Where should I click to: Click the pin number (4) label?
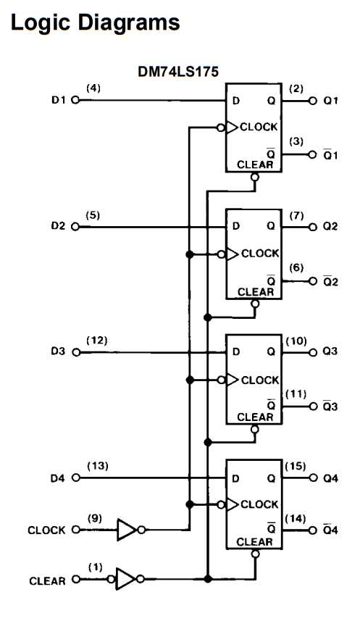(93, 88)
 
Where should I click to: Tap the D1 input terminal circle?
(75, 101)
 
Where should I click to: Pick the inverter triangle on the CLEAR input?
(125, 579)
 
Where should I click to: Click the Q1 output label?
(331, 101)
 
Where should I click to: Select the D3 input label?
(58, 352)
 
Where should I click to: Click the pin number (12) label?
(96, 340)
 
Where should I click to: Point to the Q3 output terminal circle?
(314, 352)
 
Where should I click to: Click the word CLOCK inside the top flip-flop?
(259, 127)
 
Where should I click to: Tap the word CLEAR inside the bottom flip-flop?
(255, 541)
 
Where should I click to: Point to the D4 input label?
(58, 478)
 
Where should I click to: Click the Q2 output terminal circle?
(314, 227)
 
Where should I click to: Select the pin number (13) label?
(96, 466)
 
